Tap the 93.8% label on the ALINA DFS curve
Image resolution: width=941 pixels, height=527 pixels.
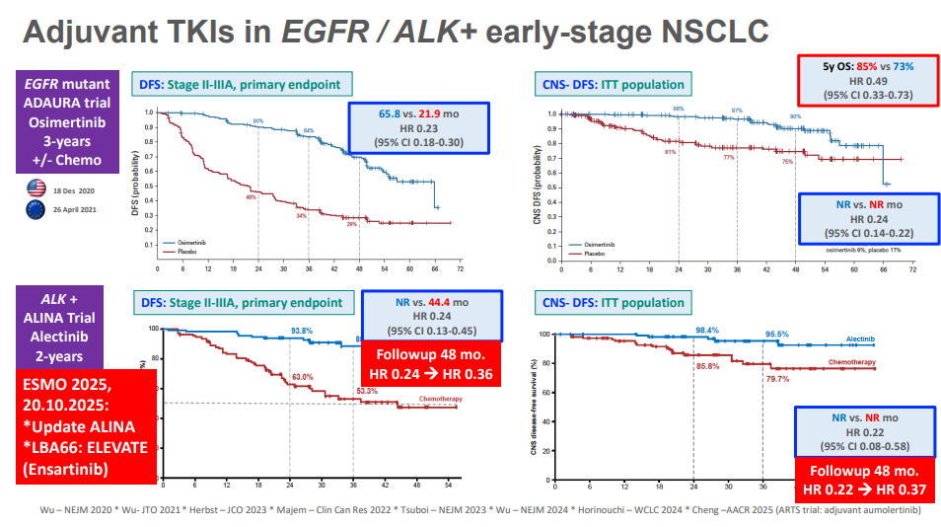302,331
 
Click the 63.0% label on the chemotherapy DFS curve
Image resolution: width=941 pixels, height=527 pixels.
301,377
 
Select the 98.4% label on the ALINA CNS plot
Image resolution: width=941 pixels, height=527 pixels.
705,330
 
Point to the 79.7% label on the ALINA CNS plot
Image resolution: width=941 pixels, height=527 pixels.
778,378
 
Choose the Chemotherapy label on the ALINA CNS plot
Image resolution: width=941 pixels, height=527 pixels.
848,361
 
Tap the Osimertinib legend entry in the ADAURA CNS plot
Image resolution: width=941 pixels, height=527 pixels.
603,244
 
